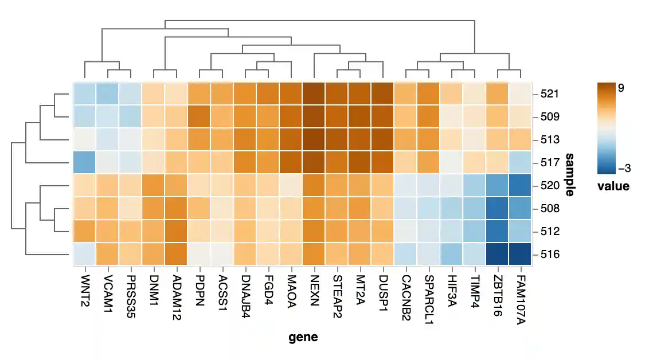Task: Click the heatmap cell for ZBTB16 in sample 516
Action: point(498,254)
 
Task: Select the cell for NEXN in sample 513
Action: point(314,139)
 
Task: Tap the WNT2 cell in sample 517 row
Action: point(85,162)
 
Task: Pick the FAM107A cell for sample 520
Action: point(521,185)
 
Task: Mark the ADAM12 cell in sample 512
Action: point(177,231)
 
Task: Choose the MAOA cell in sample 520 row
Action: point(291,185)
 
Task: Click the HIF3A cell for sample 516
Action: point(452,254)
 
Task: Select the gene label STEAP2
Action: point(337,290)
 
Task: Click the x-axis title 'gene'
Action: point(303,337)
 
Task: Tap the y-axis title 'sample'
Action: point(569,174)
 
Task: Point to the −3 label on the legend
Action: point(624,168)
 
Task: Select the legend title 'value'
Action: point(613,186)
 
